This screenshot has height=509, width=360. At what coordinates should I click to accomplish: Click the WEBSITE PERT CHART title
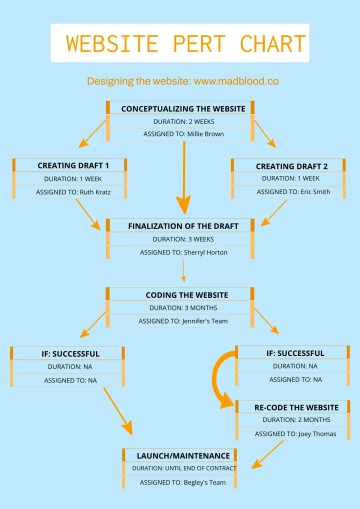[180, 45]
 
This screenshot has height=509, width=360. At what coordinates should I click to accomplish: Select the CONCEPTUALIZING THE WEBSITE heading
[182, 108]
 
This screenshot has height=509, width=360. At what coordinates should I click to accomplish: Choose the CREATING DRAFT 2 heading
[291, 164]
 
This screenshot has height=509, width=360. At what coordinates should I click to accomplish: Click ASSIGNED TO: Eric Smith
[292, 190]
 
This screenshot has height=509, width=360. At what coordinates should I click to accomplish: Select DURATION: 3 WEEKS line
[183, 239]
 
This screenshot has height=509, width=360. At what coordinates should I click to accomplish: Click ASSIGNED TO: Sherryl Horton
[183, 253]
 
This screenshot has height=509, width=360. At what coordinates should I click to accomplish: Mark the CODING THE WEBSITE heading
[183, 295]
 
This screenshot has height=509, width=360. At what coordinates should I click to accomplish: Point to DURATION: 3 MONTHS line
[183, 308]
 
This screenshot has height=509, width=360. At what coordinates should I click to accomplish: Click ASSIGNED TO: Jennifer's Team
[183, 321]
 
